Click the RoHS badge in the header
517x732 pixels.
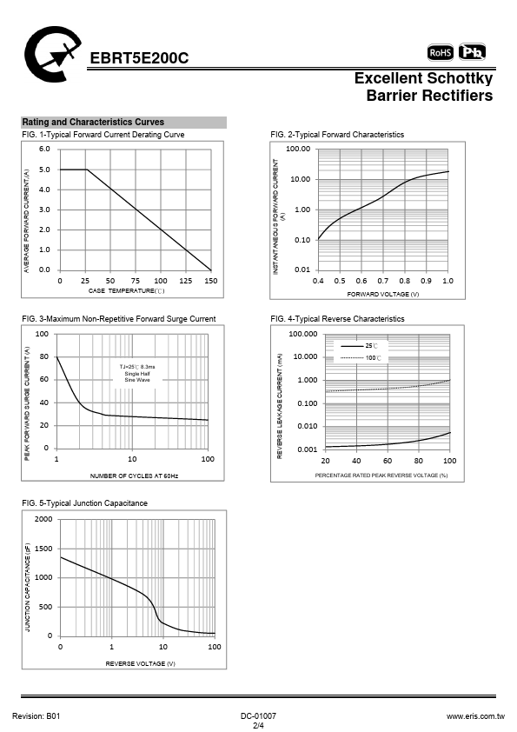click(x=440, y=52)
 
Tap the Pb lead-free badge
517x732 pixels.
click(x=472, y=52)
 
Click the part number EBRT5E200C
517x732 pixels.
click(x=139, y=58)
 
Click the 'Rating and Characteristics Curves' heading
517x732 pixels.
click(x=93, y=123)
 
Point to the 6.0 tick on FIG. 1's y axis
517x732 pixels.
click(x=44, y=149)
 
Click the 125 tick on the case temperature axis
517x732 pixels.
click(x=186, y=281)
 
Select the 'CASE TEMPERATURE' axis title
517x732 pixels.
click(x=127, y=291)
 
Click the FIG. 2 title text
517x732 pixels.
click(x=337, y=135)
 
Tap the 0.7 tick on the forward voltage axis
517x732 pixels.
click(x=382, y=281)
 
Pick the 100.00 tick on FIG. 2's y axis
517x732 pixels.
click(x=298, y=149)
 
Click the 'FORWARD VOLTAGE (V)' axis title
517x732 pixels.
click(x=382, y=294)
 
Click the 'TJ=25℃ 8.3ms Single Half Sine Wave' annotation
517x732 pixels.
click(x=137, y=374)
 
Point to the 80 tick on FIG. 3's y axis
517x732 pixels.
click(x=44, y=356)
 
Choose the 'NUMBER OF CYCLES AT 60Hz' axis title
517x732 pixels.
click(x=134, y=476)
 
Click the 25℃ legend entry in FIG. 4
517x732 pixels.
click(x=359, y=346)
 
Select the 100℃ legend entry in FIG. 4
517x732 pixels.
click(x=361, y=358)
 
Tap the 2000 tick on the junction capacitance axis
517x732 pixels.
click(x=43, y=519)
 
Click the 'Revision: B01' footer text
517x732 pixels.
click(x=36, y=716)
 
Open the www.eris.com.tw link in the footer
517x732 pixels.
click(x=475, y=716)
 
